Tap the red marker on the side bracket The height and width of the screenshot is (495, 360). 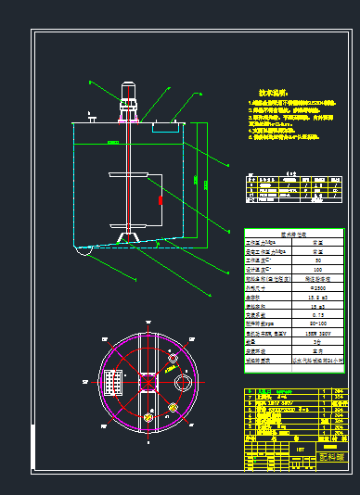pyautogui.click(x=161, y=197)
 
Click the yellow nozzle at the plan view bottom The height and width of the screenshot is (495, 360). pyautogui.click(x=148, y=418)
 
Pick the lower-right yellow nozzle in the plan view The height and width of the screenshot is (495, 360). pyautogui.click(x=174, y=405)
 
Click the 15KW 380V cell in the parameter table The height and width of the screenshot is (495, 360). pyautogui.click(x=317, y=331)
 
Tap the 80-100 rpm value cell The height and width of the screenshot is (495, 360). pyautogui.click(x=317, y=322)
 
